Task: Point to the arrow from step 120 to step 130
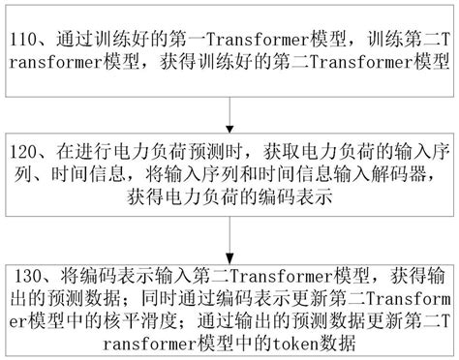[x=229, y=234]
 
